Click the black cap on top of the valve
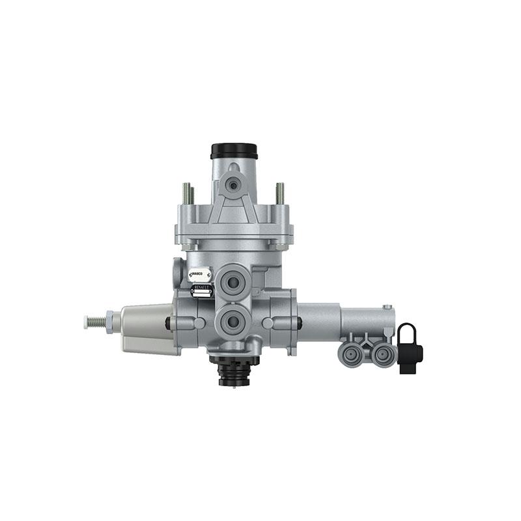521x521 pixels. [234, 150]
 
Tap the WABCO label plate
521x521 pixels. [199, 275]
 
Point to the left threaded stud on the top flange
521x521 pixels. [187, 193]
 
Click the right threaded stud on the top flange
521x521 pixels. [280, 193]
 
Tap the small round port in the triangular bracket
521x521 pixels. [233, 186]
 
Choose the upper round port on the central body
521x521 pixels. [232, 282]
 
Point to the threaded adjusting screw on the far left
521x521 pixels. [94, 321]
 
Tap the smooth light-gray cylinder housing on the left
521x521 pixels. [147, 329]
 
